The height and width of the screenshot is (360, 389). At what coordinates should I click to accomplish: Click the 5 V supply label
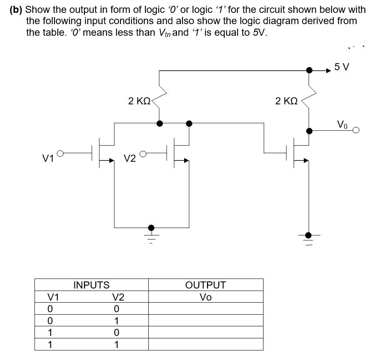click(x=342, y=67)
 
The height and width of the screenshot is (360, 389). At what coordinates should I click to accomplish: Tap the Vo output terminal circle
click(x=356, y=131)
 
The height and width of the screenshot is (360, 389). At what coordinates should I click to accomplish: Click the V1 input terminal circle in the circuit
click(x=60, y=154)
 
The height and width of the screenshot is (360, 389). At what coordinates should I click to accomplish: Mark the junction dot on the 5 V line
click(x=309, y=70)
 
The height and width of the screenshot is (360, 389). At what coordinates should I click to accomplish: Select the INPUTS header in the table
click(x=91, y=285)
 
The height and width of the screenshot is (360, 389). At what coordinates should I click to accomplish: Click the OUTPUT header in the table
click(x=205, y=285)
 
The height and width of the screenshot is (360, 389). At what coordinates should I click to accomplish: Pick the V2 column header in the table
click(x=118, y=297)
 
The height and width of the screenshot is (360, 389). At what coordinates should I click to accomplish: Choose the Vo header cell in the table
click(x=205, y=297)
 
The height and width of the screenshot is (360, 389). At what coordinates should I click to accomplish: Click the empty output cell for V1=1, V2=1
click(x=205, y=344)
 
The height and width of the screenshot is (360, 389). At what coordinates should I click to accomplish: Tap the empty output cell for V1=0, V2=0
click(x=205, y=308)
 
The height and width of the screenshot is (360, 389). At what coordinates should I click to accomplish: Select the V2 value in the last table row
click(x=117, y=344)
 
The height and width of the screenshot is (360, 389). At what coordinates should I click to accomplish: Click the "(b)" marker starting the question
click(x=17, y=10)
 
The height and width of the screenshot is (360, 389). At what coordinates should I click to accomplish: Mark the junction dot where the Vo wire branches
click(x=308, y=131)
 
